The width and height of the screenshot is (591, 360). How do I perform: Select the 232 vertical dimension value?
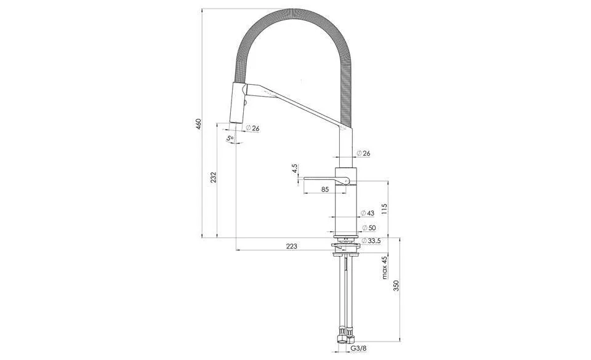click(213, 177)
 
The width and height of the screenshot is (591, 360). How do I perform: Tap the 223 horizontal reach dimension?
click(292, 246)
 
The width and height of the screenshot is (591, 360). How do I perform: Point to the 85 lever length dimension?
click(324, 190)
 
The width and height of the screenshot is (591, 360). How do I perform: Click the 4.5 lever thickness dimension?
click(294, 167)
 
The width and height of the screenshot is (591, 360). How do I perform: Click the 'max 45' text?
click(384, 268)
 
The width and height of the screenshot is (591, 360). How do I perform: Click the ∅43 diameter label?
click(368, 214)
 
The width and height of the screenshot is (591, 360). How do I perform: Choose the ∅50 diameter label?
click(368, 228)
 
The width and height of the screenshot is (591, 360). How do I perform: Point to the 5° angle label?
click(230, 139)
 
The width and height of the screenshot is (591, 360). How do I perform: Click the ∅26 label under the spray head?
click(252, 128)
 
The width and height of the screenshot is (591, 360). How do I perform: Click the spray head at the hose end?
click(238, 102)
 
